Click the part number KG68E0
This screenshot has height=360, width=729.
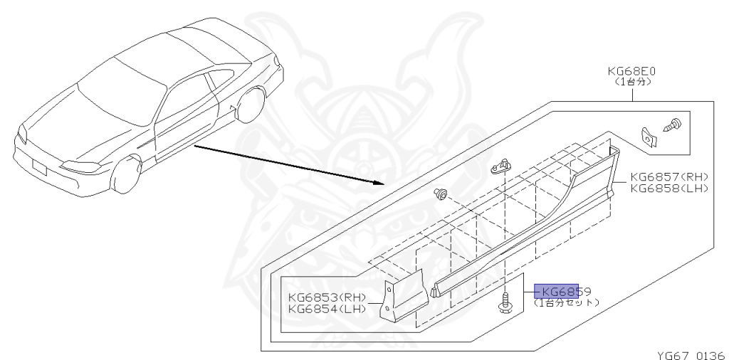pyautogui.click(x=631, y=72)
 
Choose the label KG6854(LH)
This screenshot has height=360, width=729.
pyautogui.click(x=327, y=309)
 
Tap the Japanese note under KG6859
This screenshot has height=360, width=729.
pyautogui.click(x=567, y=302)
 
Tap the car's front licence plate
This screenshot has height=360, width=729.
pyautogui.click(x=40, y=168)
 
